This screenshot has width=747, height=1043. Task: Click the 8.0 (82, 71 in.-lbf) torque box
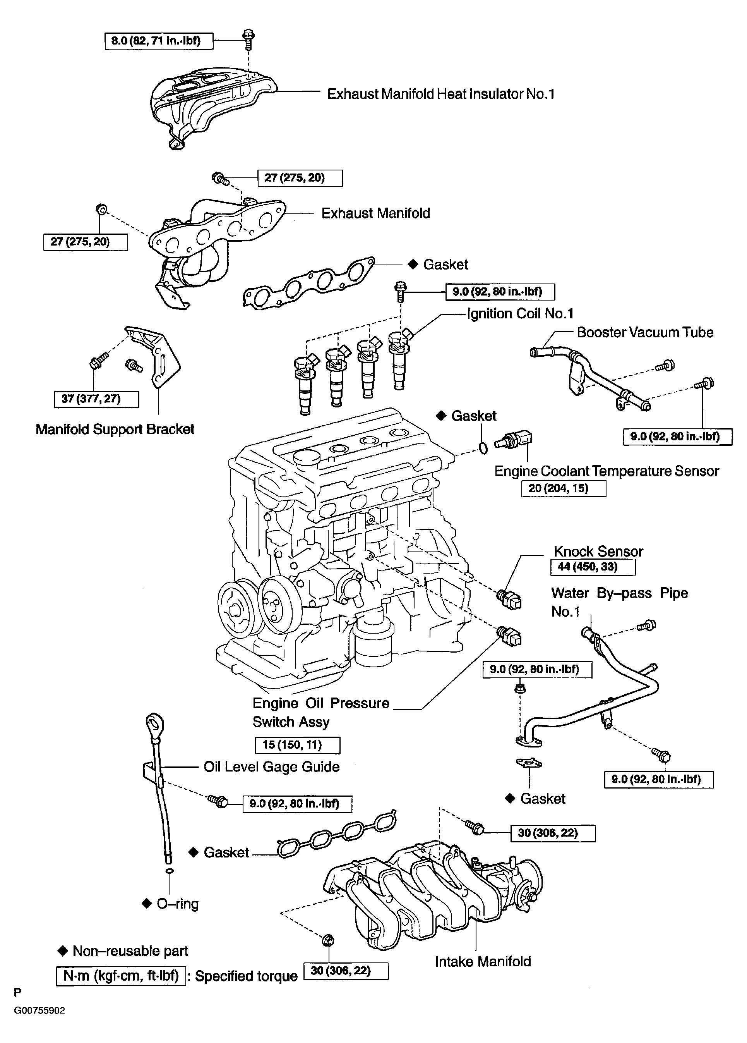(x=159, y=41)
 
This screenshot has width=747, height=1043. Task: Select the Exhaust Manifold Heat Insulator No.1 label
(x=440, y=94)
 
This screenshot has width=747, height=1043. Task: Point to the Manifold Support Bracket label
(x=115, y=429)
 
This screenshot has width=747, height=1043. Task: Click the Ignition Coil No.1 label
(x=520, y=314)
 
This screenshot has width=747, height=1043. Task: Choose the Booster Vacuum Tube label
(x=644, y=332)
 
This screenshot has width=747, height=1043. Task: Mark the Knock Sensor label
(x=598, y=552)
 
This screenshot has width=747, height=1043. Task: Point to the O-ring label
(x=177, y=904)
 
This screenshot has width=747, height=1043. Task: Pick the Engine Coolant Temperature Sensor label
(x=606, y=471)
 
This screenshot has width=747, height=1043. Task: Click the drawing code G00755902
(x=39, y=1011)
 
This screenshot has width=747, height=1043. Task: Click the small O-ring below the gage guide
(x=169, y=871)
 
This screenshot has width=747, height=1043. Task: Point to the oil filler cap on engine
(x=304, y=457)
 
